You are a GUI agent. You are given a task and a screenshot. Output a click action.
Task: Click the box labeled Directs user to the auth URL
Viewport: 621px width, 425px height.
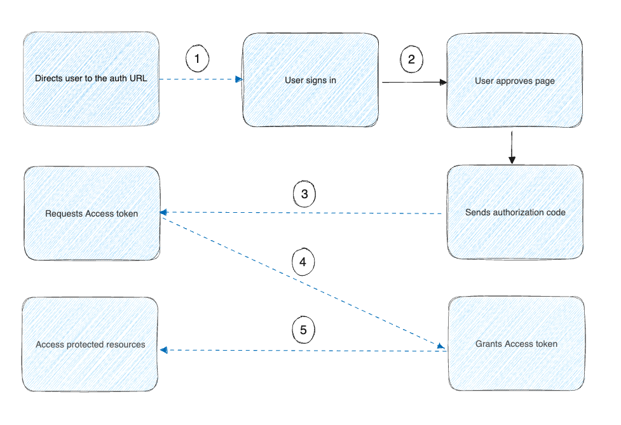[91, 79]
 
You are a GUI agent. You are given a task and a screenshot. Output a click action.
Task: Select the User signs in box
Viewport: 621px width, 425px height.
[310, 81]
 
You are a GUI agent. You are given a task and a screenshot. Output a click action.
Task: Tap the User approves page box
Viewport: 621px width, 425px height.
[514, 81]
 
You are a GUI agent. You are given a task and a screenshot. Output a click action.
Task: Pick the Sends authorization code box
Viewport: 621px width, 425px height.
[514, 212]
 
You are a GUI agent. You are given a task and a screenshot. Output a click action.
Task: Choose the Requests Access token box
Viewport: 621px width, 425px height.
[92, 213]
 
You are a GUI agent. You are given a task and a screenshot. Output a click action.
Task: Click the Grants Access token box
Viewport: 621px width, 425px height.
[515, 344]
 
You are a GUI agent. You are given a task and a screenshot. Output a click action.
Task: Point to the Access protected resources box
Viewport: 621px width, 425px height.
[90, 344]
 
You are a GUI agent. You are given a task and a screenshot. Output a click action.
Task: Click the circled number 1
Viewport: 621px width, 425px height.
[197, 59]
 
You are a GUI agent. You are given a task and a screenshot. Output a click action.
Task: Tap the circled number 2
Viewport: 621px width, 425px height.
[411, 59]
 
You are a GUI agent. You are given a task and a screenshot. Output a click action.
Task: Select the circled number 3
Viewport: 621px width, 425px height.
[304, 194]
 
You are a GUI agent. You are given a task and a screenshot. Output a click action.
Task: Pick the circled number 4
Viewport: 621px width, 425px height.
[303, 261]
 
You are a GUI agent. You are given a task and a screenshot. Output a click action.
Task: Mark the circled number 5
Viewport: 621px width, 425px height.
[303, 330]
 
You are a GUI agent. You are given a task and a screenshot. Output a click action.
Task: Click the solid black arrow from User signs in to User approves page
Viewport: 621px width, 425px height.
[413, 82]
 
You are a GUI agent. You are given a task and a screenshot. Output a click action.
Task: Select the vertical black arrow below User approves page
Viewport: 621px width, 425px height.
[512, 147]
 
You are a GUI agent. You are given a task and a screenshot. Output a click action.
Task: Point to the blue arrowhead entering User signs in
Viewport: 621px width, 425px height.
[239, 79]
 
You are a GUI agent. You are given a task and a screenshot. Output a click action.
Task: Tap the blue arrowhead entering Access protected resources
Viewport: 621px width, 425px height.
[163, 349]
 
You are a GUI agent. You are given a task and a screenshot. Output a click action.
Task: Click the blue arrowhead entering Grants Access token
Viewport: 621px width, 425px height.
[440, 346]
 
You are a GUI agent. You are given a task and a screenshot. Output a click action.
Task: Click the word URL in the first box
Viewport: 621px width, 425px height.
[138, 79]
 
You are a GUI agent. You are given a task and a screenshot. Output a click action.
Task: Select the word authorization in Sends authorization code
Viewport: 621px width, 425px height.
[518, 212]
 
